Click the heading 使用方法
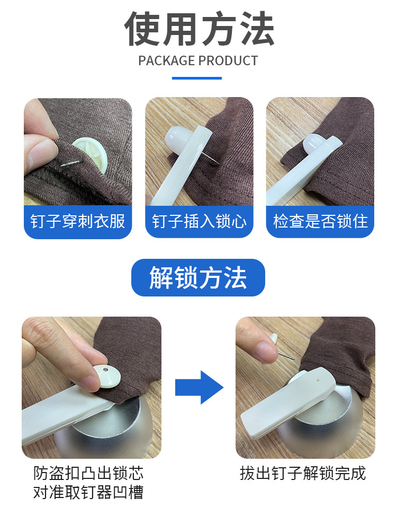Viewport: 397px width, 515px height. coord(199,29)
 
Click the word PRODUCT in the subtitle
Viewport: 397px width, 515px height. coord(228,61)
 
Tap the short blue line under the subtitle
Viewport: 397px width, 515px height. coord(197,78)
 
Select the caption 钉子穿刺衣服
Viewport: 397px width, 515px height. coord(78,221)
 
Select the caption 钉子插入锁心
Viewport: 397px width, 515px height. coord(199,221)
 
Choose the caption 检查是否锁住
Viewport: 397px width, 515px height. coord(320,221)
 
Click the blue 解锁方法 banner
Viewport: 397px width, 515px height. coord(198,277)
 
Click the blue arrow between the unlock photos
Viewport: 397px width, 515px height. coord(199,387)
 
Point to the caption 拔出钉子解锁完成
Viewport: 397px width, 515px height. coord(303,473)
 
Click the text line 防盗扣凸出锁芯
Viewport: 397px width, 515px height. coord(88,473)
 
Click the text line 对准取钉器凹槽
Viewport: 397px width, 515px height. coord(88,492)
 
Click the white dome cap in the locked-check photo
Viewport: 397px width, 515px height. coord(313,143)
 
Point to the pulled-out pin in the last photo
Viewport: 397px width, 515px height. coord(285,354)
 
